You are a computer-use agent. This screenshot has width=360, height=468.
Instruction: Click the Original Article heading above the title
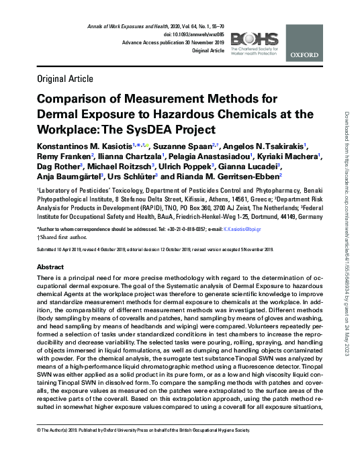[x=69, y=79]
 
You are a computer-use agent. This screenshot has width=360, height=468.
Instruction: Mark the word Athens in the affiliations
[x=203, y=200]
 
